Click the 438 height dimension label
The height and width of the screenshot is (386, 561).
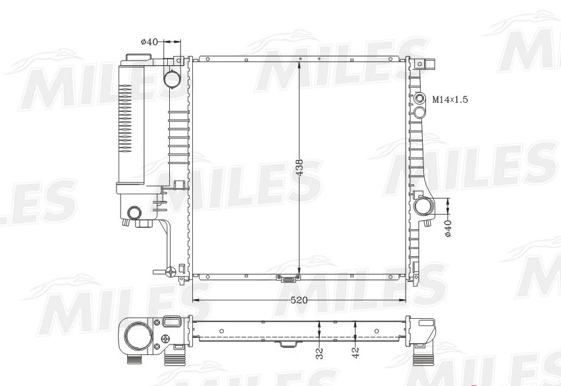[299, 167]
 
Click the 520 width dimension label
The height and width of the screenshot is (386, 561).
[299, 300]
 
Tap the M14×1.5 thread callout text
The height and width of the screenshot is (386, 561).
[450, 99]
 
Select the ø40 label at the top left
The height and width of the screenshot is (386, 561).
[149, 42]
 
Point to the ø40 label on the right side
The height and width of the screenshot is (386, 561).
[448, 229]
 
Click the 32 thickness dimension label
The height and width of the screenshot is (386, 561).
[319, 354]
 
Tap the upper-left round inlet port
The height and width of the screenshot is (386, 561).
[172, 79]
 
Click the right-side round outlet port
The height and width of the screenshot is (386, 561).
[423, 207]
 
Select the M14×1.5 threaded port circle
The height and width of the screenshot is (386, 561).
[419, 99]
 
